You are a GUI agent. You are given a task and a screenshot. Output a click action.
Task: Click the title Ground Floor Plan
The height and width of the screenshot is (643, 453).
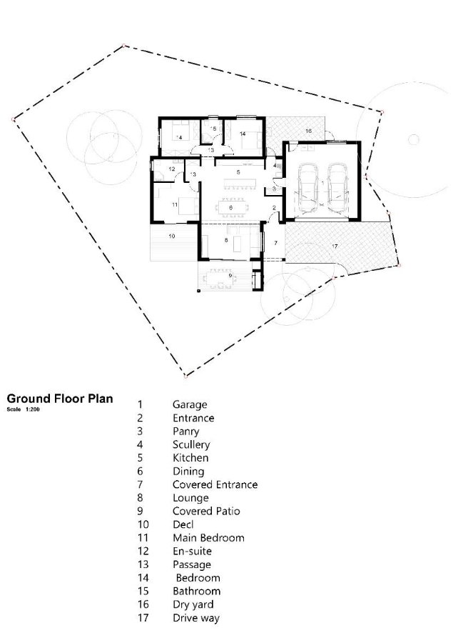tap(60, 399)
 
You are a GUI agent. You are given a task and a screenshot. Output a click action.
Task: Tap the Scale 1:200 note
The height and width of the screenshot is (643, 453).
tap(24, 409)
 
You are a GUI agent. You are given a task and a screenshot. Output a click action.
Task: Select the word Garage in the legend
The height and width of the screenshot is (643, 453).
tap(190, 405)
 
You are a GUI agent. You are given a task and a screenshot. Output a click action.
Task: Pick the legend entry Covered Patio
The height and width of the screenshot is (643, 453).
tap(206, 511)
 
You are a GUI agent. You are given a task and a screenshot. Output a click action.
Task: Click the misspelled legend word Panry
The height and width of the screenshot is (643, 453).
tap(186, 432)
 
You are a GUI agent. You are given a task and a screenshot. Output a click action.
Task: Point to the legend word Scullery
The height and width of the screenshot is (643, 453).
tap(191, 444)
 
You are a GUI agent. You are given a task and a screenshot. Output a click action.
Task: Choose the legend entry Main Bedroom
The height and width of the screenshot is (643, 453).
tap(208, 537)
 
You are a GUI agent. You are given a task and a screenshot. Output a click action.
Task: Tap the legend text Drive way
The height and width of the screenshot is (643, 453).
tap(196, 618)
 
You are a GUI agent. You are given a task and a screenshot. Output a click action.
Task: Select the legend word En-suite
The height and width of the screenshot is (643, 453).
tap(192, 551)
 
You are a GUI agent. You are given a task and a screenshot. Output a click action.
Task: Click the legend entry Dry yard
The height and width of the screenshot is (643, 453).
tap(193, 604)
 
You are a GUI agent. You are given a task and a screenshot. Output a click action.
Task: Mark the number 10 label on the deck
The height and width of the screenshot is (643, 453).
tap(172, 236)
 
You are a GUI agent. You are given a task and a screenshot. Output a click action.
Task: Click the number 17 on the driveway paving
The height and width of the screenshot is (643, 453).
tap(335, 246)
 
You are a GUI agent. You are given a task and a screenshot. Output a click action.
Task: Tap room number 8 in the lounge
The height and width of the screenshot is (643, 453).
tap(226, 240)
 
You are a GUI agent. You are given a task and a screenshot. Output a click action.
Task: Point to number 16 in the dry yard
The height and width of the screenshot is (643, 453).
tap(308, 131)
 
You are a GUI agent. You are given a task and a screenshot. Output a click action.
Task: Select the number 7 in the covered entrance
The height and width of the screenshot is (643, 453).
tap(275, 243)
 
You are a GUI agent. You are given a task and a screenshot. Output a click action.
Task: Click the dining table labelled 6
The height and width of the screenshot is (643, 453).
tap(231, 208)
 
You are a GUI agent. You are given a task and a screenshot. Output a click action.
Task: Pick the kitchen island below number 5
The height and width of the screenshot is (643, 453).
tap(239, 183)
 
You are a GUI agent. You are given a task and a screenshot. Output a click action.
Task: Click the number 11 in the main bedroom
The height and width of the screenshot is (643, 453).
tap(175, 204)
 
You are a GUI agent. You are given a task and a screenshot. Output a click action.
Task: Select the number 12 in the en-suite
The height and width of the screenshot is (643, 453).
tap(172, 169)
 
